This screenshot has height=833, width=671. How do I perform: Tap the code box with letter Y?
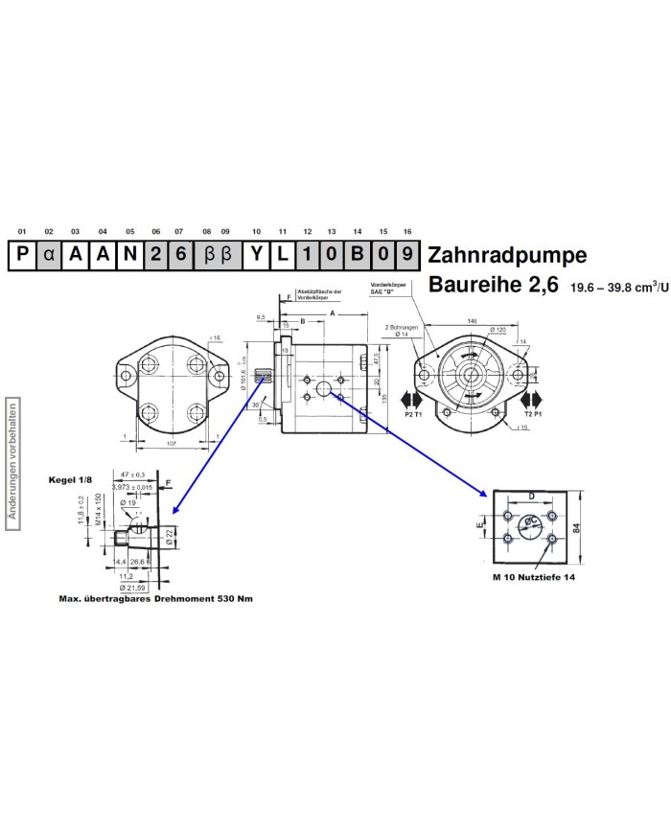[256, 256]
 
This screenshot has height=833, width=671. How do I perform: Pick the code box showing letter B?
[358, 256]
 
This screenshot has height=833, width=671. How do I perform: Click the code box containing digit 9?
[409, 256]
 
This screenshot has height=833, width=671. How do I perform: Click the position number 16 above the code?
[408, 232]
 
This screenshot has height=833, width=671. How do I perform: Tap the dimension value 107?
[173, 444]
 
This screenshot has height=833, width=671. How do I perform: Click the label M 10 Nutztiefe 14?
[534, 579]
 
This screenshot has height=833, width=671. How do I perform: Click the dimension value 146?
[472, 320]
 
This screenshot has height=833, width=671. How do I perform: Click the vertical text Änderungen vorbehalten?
[12, 459]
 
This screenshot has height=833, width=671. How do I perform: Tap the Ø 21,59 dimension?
[131, 587]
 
